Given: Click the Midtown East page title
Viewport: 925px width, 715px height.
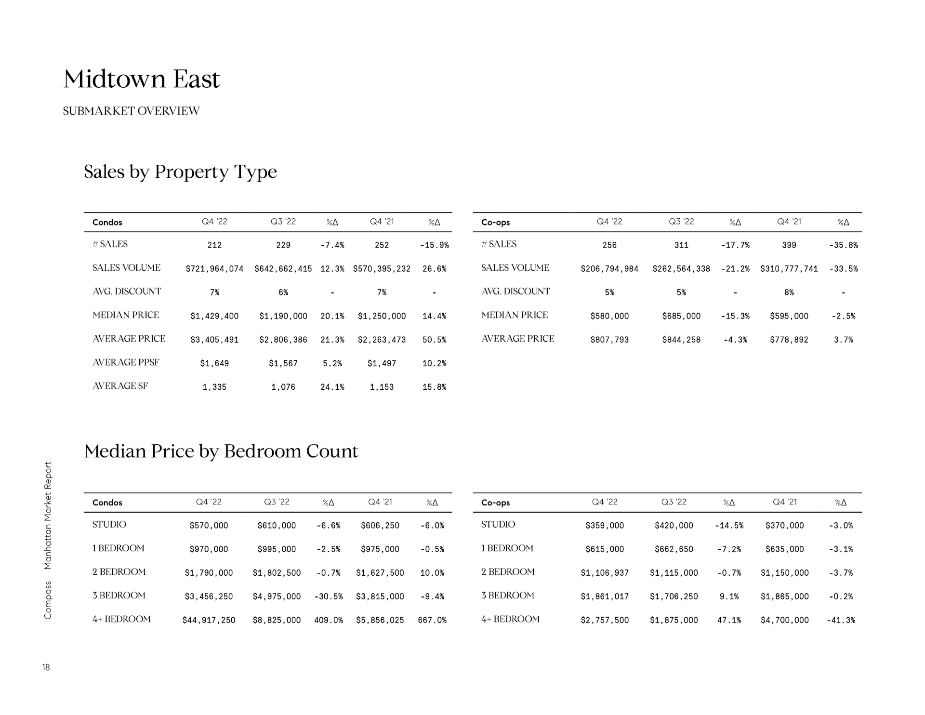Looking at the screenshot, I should (142, 79).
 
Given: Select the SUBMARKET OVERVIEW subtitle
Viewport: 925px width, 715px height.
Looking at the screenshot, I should (131, 111).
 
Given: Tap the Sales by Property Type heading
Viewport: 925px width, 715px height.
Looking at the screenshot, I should (180, 172).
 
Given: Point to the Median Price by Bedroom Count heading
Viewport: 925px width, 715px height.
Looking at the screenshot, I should (221, 451).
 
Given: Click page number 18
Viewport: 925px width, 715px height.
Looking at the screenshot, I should (46, 667).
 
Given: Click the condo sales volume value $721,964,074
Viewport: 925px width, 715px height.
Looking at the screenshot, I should (214, 269).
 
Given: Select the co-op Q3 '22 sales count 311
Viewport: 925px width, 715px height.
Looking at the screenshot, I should (681, 245).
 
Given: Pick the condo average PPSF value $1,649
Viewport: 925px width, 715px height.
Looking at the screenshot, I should (214, 363).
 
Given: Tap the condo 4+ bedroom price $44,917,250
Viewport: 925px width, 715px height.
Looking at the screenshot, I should (209, 620).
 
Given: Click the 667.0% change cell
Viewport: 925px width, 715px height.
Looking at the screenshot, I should (432, 620).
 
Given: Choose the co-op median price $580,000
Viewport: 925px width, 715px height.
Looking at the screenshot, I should (609, 316).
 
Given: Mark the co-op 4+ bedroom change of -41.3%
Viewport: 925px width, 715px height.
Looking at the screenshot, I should (841, 620).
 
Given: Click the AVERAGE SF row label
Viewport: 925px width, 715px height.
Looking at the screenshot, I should (120, 386).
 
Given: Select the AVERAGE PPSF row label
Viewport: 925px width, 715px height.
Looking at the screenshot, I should (126, 362).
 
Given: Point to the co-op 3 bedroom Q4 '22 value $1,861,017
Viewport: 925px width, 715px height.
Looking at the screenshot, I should (605, 596).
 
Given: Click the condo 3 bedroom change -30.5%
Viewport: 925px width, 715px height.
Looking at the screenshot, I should (329, 596).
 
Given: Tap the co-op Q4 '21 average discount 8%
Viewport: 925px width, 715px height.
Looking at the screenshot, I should (789, 292).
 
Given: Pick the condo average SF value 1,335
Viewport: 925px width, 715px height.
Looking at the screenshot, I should (214, 387).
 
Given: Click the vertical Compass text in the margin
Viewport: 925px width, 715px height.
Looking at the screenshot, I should (47, 600).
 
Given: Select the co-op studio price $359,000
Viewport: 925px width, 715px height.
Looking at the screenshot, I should (605, 526).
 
